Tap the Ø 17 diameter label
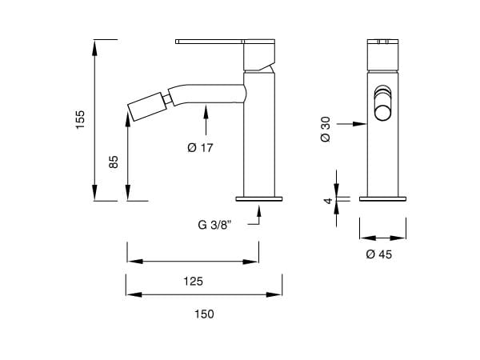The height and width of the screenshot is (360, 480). click(200, 147)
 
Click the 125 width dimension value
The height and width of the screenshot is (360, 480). click(192, 281)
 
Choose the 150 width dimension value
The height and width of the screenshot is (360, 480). click(203, 314)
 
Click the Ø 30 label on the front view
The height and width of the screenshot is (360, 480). click(325, 130)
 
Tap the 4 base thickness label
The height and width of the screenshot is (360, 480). click(327, 201)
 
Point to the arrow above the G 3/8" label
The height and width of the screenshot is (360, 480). click(258, 211)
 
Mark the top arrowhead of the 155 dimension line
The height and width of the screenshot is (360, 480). click(95, 45)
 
